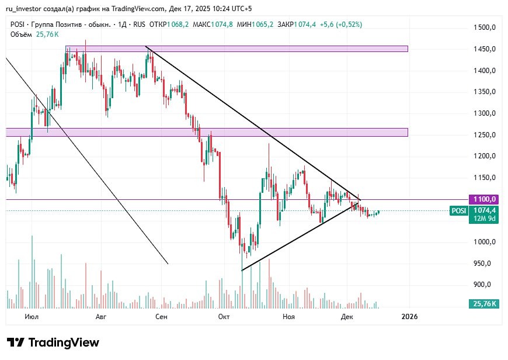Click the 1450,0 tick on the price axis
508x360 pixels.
(485, 49)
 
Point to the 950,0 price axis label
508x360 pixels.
(486, 264)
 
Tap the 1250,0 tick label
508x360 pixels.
(485, 135)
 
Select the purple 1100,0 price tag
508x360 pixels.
(485, 199)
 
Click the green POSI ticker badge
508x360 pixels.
(458, 211)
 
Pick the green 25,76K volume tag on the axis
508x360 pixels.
(485, 304)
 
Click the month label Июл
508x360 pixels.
(32, 317)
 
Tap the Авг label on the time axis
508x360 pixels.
(101, 317)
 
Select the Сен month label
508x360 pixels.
(162, 317)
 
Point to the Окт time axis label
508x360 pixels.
(223, 317)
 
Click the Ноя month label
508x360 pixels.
(288, 317)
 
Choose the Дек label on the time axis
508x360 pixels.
(347, 317)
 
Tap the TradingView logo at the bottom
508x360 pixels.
(53, 342)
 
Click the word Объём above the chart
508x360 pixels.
(21, 34)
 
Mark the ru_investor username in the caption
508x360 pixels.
(27, 9)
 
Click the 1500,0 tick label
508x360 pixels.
(485, 27)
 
